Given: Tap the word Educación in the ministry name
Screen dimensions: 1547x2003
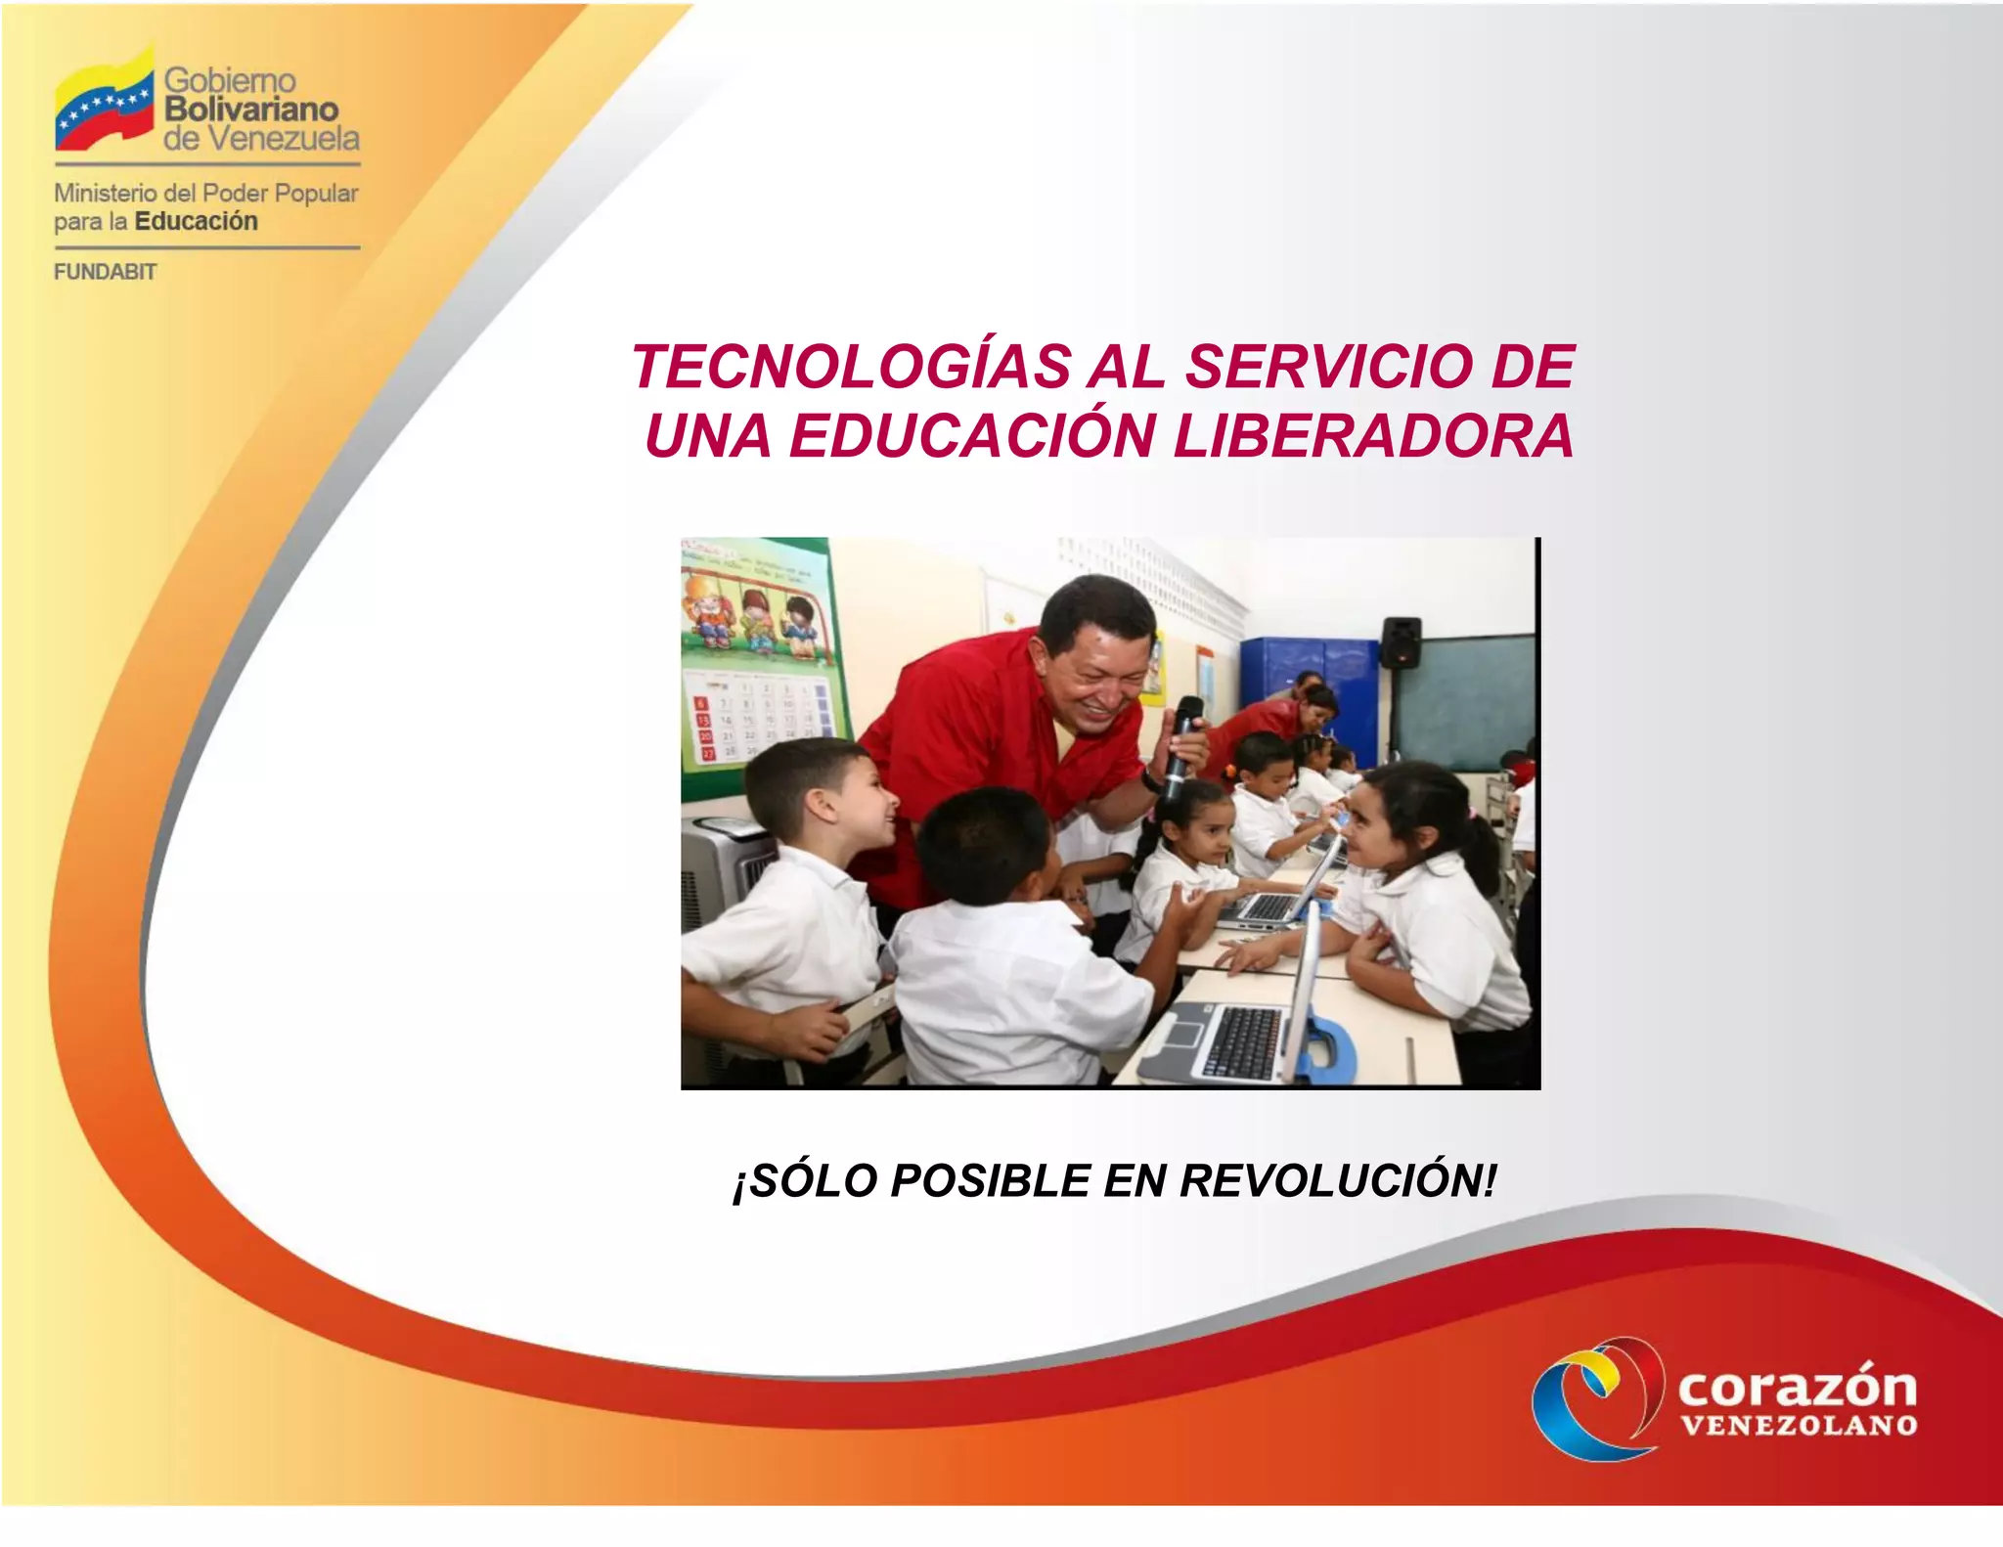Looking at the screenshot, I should (196, 221).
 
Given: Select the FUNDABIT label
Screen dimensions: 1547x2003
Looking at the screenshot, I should (105, 273).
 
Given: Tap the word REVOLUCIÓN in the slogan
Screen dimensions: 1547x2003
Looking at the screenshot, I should (1337, 1180).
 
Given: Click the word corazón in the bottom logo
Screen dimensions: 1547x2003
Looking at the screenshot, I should (1797, 1387).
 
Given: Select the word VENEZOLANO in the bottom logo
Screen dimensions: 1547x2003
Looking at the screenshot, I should (1798, 1425).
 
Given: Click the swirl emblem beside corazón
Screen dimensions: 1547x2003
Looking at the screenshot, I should (1596, 1395).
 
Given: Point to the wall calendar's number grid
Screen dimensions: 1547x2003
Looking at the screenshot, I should (758, 719).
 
